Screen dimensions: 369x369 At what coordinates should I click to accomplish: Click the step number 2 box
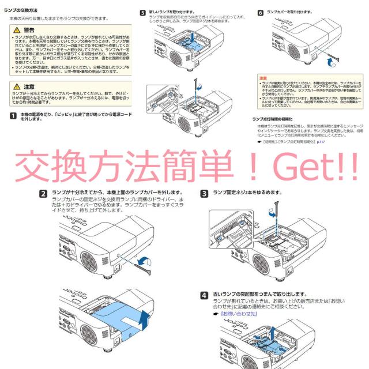pos(42,193)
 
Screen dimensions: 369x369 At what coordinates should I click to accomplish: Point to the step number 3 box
pos(204,193)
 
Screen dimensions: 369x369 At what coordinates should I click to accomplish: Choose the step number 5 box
pos(143,12)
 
